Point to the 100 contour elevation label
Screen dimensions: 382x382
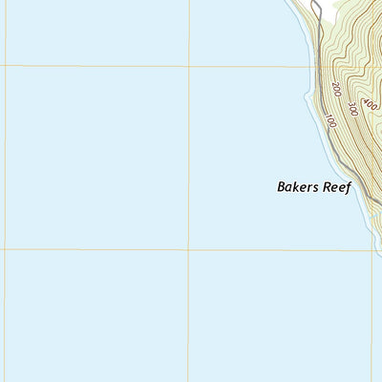(330, 121)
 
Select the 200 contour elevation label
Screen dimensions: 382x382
(337, 90)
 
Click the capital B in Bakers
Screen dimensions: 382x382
(281, 188)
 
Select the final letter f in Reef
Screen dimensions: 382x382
(349, 188)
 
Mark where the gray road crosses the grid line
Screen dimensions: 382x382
(320, 67)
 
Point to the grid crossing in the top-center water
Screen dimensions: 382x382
(189, 67)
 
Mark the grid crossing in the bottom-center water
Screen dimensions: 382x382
(188, 250)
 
